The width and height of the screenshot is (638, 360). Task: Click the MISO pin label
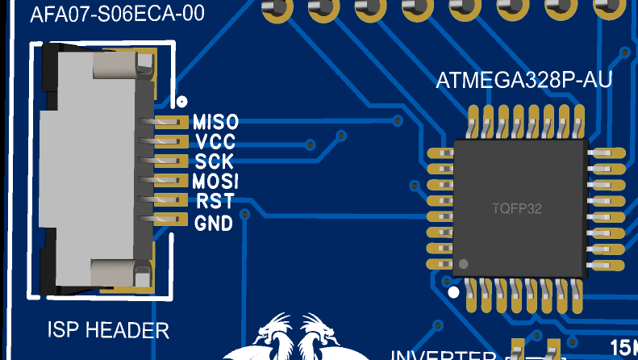(215, 123)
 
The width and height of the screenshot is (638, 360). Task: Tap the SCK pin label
(215, 161)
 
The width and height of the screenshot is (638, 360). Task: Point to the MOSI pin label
(215, 181)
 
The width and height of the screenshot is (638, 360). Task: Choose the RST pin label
(215, 200)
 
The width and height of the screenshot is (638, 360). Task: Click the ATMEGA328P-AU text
(523, 82)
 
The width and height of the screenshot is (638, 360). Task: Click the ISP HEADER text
(108, 329)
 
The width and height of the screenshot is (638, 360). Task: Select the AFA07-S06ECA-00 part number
(117, 15)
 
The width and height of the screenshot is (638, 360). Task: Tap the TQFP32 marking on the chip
(517, 208)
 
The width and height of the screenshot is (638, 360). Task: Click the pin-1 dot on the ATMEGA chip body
(464, 264)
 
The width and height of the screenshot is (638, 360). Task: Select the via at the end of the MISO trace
(398, 121)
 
